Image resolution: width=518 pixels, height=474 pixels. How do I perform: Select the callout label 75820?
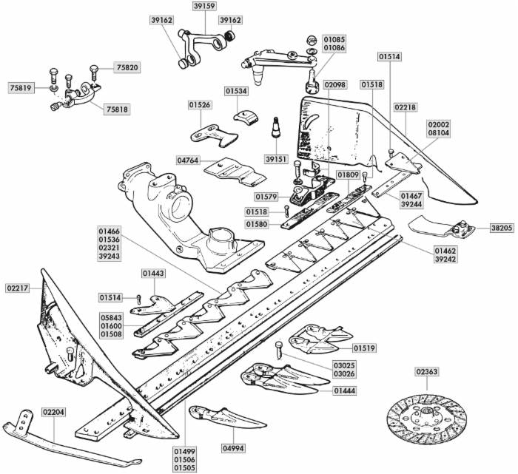pos(127,67)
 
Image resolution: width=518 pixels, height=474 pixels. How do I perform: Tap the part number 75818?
pos(117,109)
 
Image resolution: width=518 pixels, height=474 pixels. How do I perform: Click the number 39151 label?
pos(275,159)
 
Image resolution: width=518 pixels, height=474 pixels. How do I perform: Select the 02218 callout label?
pos(405,108)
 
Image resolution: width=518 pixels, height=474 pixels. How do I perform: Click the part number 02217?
pos(18,288)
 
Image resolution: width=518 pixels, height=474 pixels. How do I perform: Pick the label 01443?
pos(154,274)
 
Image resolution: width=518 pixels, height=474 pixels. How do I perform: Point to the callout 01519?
pos(364,348)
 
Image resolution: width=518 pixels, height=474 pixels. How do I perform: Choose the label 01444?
pos(344,390)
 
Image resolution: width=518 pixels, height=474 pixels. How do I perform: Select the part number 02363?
pos(427,372)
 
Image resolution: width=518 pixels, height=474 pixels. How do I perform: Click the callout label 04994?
pos(234,447)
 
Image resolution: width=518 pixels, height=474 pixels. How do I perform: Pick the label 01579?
pos(266,197)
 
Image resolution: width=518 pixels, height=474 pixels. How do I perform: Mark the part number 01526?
pos(200,106)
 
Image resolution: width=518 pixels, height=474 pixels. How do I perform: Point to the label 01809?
pos(348,175)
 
